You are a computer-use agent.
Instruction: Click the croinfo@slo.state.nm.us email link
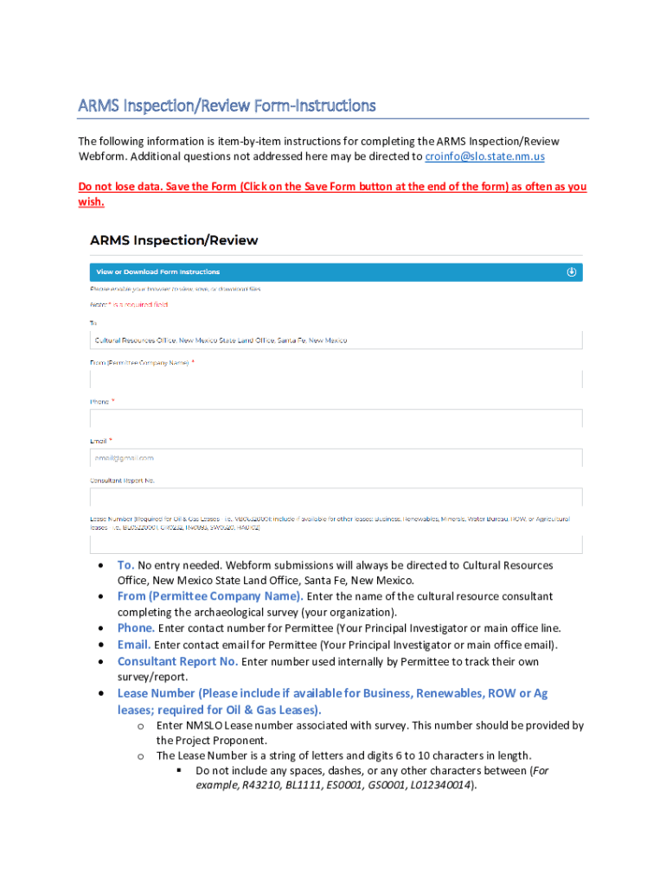pos(484,156)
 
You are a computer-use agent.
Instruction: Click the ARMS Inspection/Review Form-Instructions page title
pos(227,105)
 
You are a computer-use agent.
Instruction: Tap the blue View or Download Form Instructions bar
pos(336,272)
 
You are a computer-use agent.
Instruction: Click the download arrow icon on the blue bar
pos(571,272)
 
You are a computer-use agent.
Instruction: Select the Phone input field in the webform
pos(336,418)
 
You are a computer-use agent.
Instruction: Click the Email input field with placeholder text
pos(336,457)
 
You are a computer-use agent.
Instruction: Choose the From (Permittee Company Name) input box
pos(336,379)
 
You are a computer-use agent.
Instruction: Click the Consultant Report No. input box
pos(336,497)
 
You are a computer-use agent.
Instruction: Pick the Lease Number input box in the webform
pos(336,544)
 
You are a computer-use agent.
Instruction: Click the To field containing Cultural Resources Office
pos(336,340)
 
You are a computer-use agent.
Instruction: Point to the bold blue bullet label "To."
pos(125,565)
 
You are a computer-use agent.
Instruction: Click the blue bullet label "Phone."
pos(136,628)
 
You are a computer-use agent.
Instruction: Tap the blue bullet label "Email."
pos(134,645)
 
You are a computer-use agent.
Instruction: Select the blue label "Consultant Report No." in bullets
pos(177,662)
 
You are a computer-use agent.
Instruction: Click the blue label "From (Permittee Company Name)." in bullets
pos(210,596)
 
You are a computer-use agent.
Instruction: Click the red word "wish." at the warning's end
pos(91,202)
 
